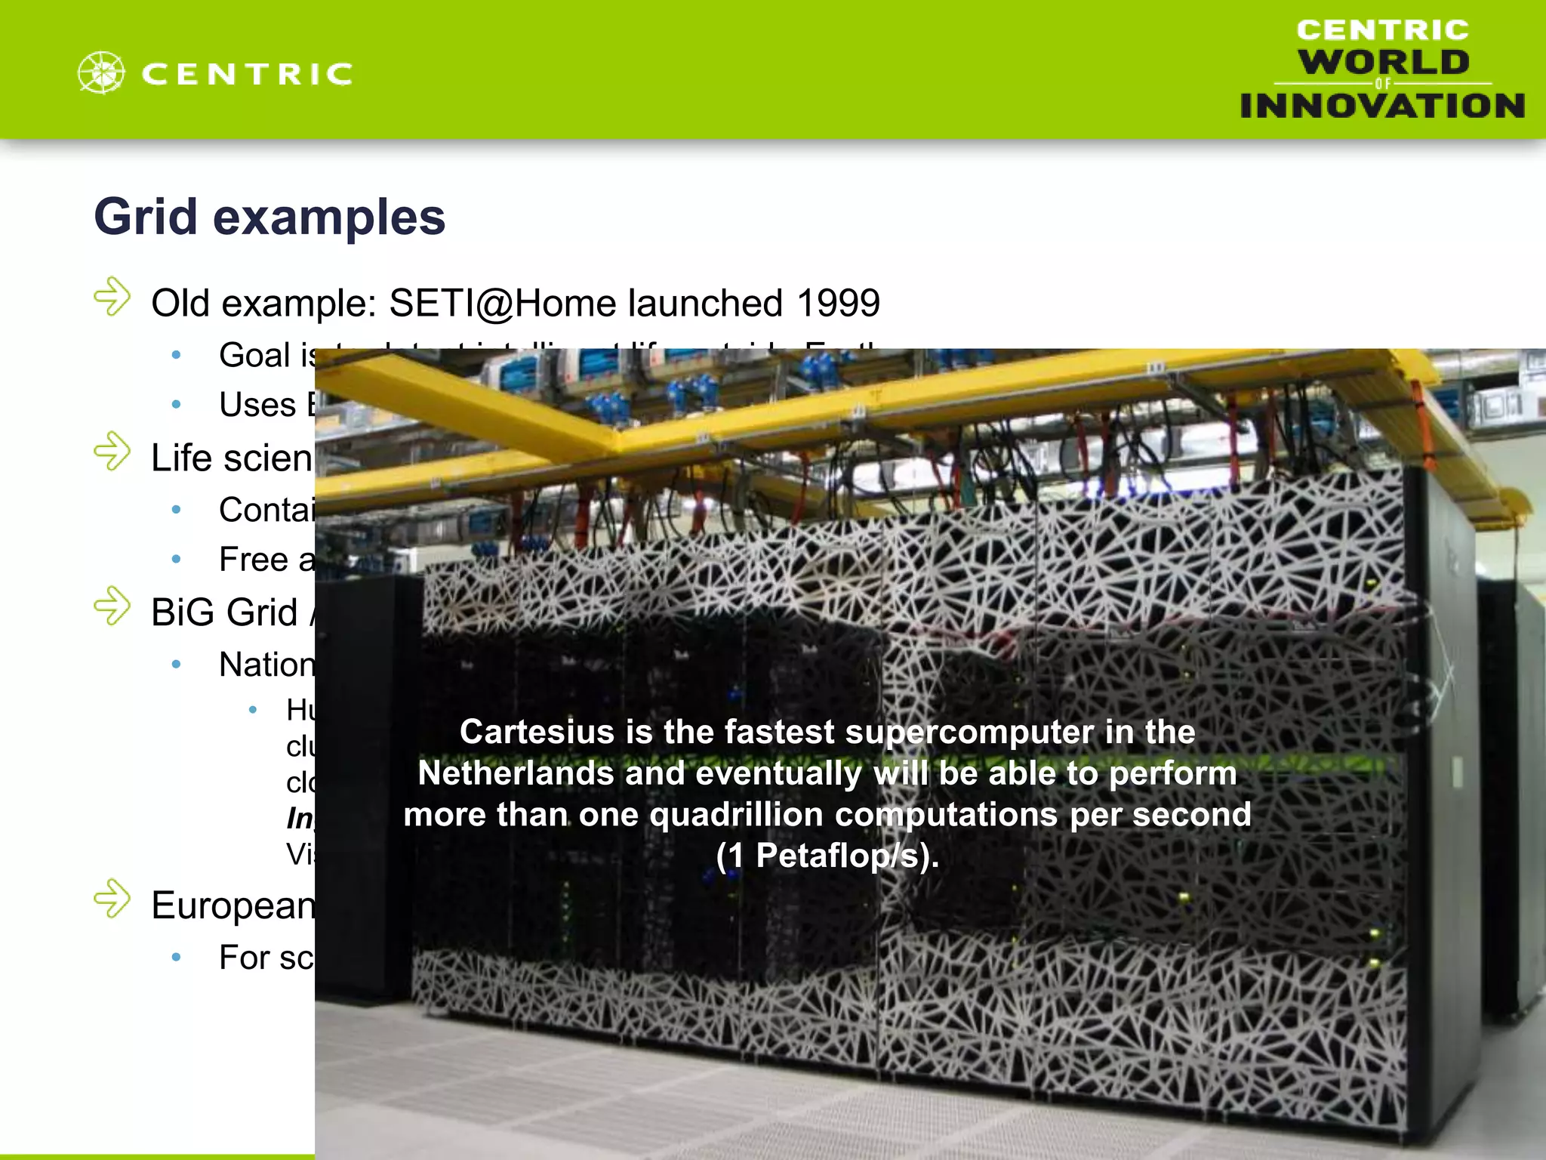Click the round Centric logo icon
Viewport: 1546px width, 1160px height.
point(101,73)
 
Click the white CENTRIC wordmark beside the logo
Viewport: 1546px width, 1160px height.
point(247,74)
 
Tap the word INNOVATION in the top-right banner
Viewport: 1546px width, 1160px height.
point(1382,106)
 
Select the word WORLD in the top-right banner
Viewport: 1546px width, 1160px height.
point(1384,62)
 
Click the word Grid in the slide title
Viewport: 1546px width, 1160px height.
point(146,217)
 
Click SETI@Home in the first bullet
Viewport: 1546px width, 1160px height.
point(503,304)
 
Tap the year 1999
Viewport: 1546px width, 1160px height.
point(838,304)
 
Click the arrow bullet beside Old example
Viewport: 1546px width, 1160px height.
point(112,297)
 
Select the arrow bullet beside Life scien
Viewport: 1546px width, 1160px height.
point(112,452)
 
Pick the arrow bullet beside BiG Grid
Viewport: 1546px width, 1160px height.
point(112,606)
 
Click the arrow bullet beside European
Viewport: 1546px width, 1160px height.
point(112,899)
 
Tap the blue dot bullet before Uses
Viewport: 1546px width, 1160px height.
point(176,406)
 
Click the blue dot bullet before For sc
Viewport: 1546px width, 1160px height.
point(176,958)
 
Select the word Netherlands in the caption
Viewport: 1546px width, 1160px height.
point(513,773)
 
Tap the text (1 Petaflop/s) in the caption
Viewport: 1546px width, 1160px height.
point(827,856)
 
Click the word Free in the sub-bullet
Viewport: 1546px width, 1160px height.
point(254,560)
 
